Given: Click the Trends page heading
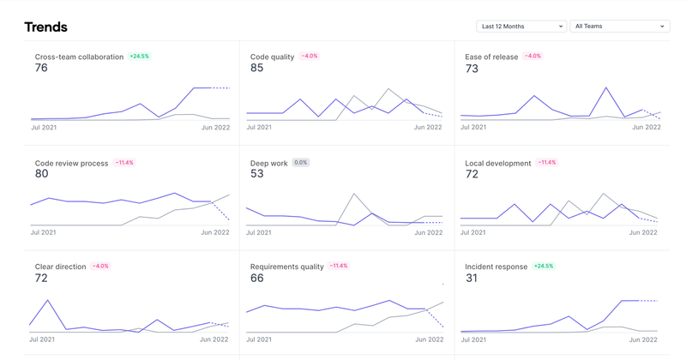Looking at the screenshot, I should pos(45,27).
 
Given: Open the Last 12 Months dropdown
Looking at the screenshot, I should pos(521,27).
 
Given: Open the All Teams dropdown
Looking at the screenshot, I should pos(619,27).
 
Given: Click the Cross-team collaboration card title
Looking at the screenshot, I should pos(79,57).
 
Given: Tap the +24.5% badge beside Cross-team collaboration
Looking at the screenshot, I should pos(139,57).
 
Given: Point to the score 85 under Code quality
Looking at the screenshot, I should pos(257,69).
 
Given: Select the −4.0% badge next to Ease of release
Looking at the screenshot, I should pos(533,57).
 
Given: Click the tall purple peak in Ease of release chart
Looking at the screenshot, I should pos(606,87).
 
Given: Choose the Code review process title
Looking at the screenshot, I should pos(71,163).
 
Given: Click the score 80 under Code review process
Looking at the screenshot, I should pos(41,174).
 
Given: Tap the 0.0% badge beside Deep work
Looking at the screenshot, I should pos(300,163).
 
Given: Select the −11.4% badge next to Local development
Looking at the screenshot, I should pos(546,163).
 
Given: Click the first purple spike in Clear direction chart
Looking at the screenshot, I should pos(48,301).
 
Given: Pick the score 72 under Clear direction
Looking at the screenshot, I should pos(41,279).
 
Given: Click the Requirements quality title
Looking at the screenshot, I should pos(286,267).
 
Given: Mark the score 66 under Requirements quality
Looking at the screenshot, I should pos(257,279).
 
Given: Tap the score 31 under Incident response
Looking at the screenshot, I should pos(472,279).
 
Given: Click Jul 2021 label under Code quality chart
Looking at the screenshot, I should pos(259,127).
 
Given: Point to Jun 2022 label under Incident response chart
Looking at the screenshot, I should pos(646,339).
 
